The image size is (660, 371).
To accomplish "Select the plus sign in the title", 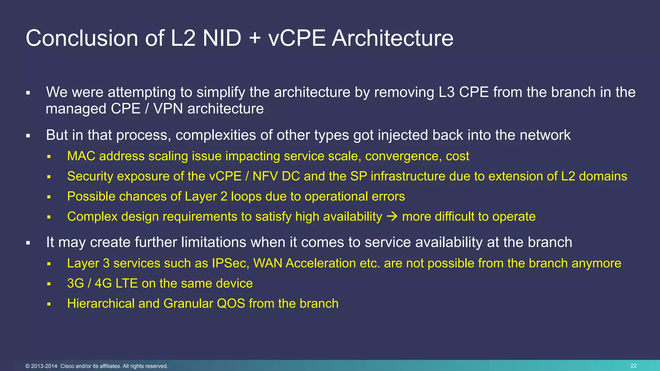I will point(255,38).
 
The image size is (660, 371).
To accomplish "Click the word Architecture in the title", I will point(393,38).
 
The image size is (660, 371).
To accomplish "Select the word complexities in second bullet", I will point(216,135).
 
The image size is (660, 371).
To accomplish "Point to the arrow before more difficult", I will point(392,217).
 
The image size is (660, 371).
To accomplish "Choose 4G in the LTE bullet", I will point(103,284).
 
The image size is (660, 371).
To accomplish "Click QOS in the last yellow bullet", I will point(231,304).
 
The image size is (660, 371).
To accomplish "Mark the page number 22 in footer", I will point(634,366).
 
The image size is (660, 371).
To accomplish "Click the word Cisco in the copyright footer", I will point(67,366).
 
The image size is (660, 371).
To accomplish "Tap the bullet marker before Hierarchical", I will point(49,304).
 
